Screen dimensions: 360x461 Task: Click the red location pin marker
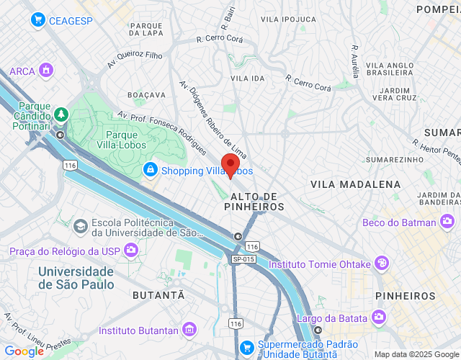pyautogui.click(x=230, y=165)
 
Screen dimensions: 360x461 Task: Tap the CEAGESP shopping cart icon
pyautogui.click(x=38, y=20)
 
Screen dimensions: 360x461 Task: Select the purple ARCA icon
pyautogui.click(x=46, y=71)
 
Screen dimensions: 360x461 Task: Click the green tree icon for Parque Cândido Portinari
pyautogui.click(x=62, y=114)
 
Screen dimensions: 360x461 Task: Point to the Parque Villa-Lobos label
pyautogui.click(x=126, y=139)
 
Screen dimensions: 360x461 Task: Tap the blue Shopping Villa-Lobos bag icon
pyautogui.click(x=150, y=170)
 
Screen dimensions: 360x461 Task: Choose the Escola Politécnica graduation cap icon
pyautogui.click(x=80, y=227)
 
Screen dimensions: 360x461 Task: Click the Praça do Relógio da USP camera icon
pyautogui.click(x=131, y=251)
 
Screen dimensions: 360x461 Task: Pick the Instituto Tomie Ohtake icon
pyautogui.click(x=381, y=264)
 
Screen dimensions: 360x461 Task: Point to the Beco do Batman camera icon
pyautogui.click(x=448, y=222)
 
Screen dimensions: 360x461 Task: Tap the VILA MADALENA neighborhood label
pyautogui.click(x=355, y=184)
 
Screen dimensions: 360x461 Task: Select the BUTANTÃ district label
pyautogui.click(x=158, y=295)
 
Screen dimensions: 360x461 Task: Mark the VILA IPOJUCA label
pyautogui.click(x=288, y=19)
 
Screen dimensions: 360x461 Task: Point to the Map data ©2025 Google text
pyautogui.click(x=416, y=354)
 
